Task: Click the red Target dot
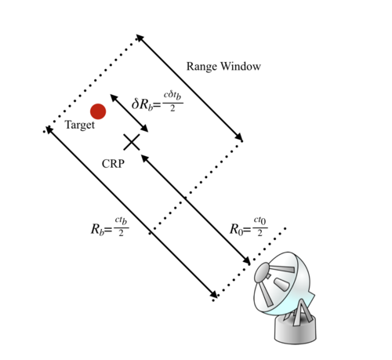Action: pyautogui.click(x=98, y=111)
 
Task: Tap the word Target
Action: pyautogui.click(x=80, y=125)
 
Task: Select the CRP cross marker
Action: pyautogui.click(x=132, y=142)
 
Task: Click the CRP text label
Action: pyautogui.click(x=113, y=164)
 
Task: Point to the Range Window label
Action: pyautogui.click(x=223, y=67)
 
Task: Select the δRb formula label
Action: pyautogui.click(x=157, y=102)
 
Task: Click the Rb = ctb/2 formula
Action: pyautogui.click(x=110, y=227)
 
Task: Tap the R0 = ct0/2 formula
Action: pyautogui.click(x=249, y=227)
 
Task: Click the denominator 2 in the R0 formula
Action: pyautogui.click(x=260, y=233)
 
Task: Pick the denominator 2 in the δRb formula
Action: pyautogui.click(x=172, y=108)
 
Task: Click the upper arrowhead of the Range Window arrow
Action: pyautogui.click(x=140, y=38)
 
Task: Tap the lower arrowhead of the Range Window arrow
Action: pyautogui.click(x=238, y=137)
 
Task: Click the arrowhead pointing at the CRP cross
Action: pyautogui.click(x=144, y=158)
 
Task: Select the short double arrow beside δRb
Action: pyautogui.click(x=129, y=113)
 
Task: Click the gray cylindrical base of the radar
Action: pyautogui.click(x=296, y=330)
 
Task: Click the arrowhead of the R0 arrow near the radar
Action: pyautogui.click(x=246, y=261)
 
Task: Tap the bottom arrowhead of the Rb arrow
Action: pyautogui.click(x=213, y=294)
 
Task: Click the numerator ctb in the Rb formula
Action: pyautogui.click(x=121, y=221)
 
